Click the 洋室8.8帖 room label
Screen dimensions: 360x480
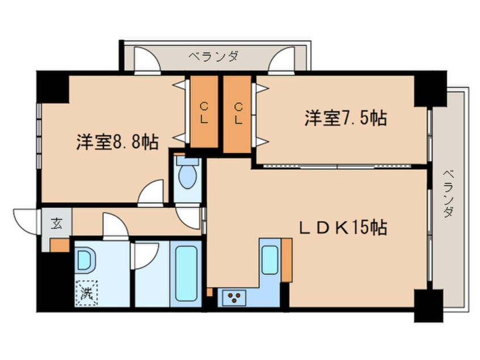(117, 142)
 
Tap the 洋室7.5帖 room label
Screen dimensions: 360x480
(346, 119)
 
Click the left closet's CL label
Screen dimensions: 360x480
(203, 112)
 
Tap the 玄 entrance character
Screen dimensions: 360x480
(57, 223)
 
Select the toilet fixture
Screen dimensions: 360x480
(187, 173)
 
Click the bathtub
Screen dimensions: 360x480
(187, 274)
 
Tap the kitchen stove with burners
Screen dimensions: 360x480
(233, 297)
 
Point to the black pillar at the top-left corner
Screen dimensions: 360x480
(52, 86)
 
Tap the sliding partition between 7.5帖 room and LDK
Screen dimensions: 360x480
(339, 166)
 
